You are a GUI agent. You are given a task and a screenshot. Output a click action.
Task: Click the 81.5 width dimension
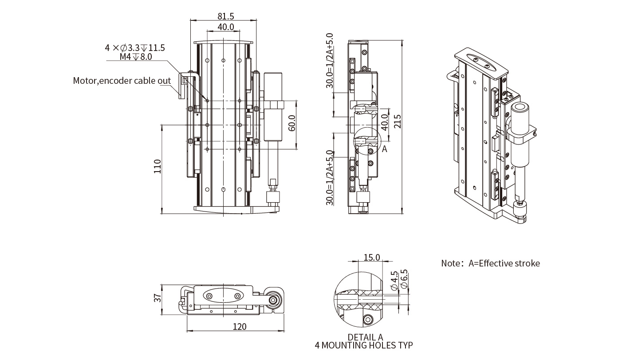click(x=226, y=16)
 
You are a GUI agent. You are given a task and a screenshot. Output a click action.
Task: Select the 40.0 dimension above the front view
click(x=226, y=27)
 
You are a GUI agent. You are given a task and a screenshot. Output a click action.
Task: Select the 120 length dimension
click(x=239, y=327)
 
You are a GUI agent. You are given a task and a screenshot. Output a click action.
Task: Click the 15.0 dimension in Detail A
click(x=371, y=257)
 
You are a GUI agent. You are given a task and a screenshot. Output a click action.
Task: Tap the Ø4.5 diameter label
click(x=394, y=280)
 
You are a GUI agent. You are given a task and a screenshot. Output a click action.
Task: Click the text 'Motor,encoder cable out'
click(x=122, y=81)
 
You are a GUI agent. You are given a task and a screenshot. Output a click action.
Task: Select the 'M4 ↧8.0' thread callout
click(x=136, y=57)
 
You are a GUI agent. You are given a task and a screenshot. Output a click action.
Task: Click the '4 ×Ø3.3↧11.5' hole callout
click(x=135, y=48)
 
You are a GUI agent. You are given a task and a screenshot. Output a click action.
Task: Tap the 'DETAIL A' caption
click(x=365, y=337)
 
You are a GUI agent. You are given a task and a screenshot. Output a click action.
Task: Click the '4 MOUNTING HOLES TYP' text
click(x=364, y=345)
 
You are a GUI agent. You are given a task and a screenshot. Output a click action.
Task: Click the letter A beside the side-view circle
click(x=385, y=149)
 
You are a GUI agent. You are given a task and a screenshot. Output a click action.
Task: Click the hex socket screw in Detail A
click(x=368, y=320)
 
